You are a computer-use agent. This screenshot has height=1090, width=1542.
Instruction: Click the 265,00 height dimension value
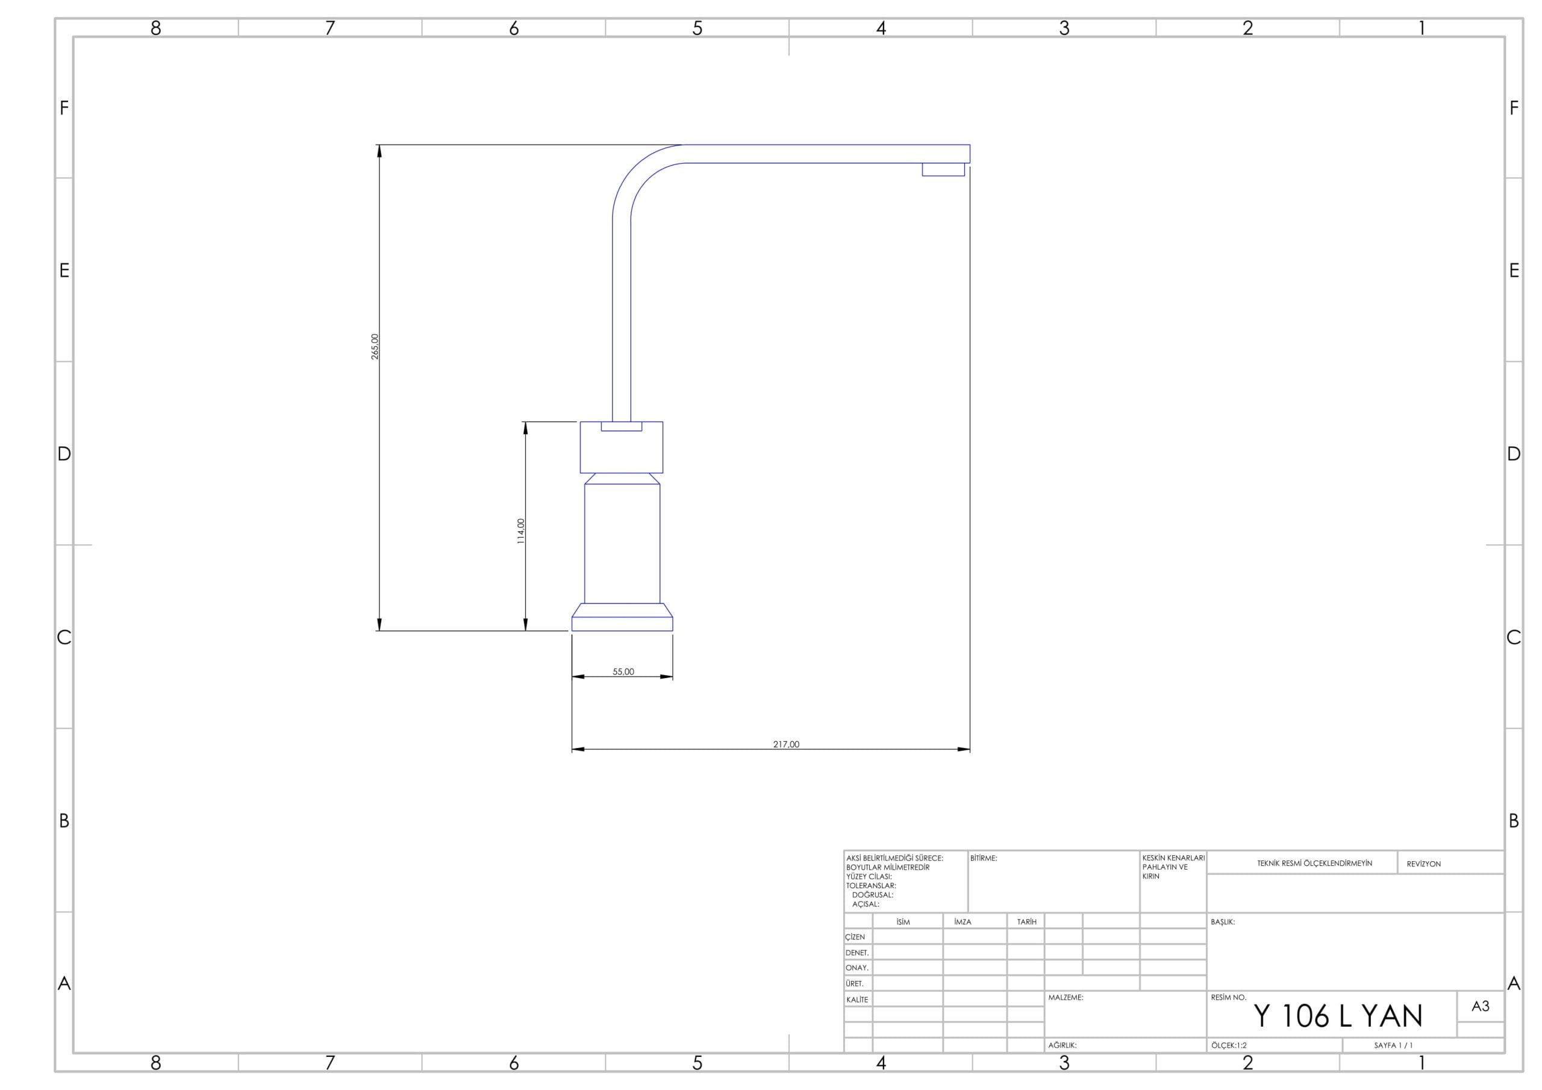(375, 346)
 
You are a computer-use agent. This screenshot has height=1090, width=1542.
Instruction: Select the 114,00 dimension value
(520, 531)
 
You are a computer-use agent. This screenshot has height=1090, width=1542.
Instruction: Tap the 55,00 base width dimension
(623, 671)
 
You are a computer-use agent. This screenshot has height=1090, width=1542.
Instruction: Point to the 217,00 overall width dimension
(787, 744)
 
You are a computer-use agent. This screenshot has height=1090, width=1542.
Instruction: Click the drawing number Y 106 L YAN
(1338, 1016)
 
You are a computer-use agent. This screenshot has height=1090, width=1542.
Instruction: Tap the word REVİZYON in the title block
(1423, 864)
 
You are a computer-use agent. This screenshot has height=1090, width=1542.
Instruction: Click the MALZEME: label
(1066, 997)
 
